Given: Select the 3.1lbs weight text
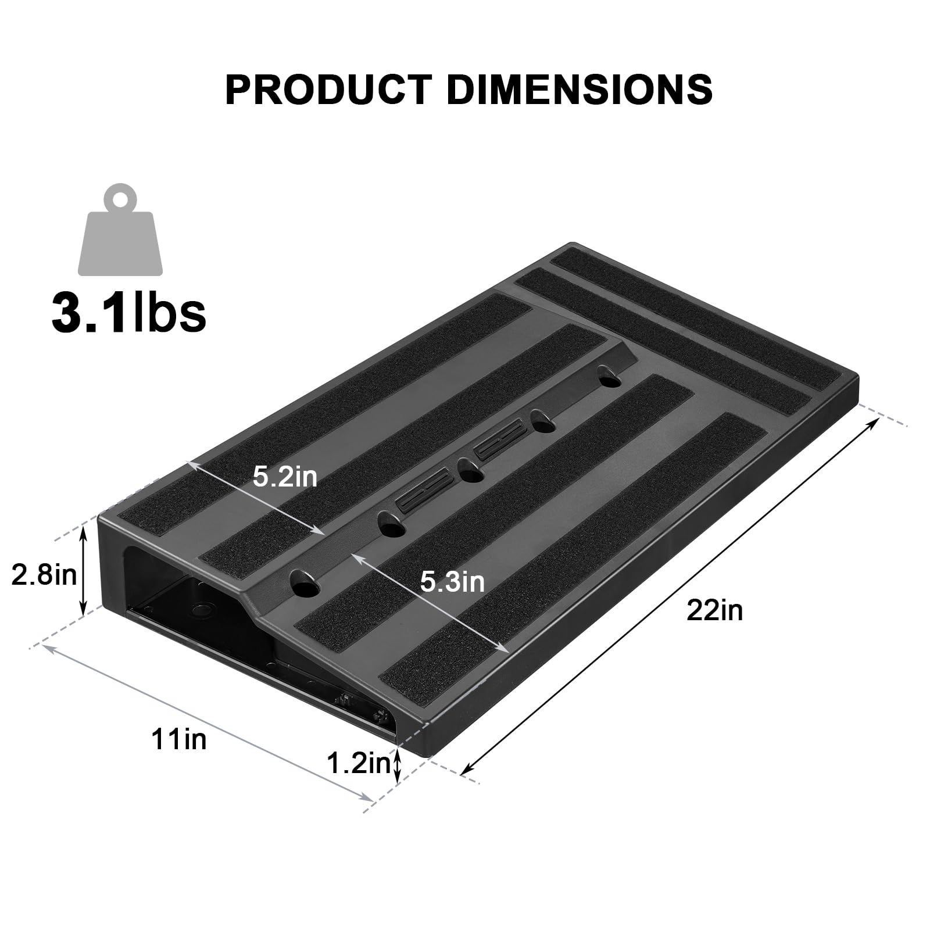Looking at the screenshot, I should point(129,312).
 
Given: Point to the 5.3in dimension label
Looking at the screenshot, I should point(452,582).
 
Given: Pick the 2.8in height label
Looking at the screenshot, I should point(44,575).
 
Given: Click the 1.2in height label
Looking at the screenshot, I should point(358,763).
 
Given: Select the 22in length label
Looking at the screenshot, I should point(714,610).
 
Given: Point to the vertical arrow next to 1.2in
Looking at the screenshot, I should point(398,765).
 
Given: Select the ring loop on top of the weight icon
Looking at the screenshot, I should point(121,198).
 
